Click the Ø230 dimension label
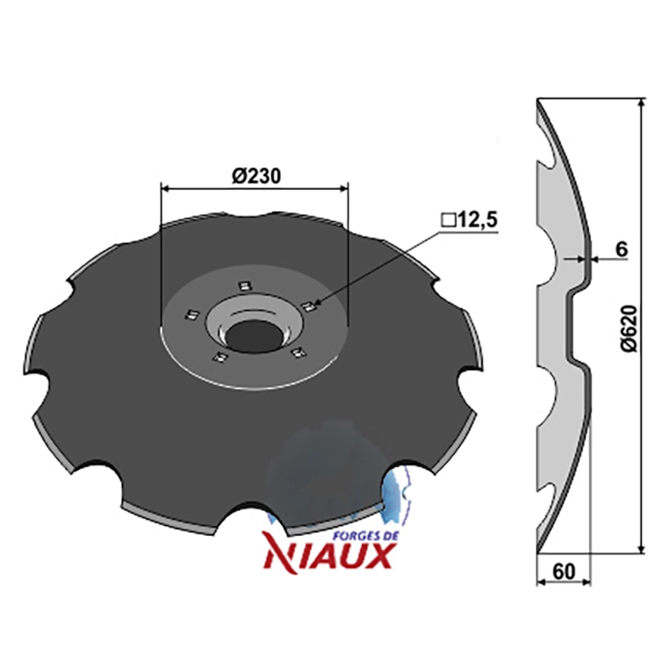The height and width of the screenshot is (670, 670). coord(256,176)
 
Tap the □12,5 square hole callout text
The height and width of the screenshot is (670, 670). coord(470,220)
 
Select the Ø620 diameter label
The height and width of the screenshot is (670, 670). coord(629,328)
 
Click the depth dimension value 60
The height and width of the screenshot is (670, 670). coord(564,571)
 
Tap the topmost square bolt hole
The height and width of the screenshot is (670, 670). coord(244,286)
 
